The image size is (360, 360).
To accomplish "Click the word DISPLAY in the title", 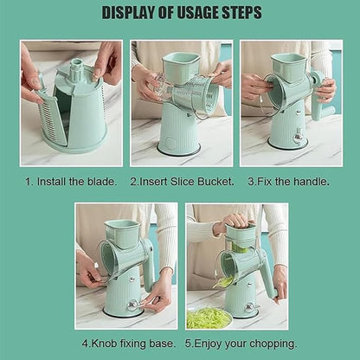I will [132, 13].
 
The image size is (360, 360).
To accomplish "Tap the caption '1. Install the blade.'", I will [71, 183].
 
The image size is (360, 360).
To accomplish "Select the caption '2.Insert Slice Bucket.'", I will [180, 183].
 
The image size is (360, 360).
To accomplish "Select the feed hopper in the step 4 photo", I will [121, 231].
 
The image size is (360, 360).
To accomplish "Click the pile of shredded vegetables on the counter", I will [208, 317].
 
